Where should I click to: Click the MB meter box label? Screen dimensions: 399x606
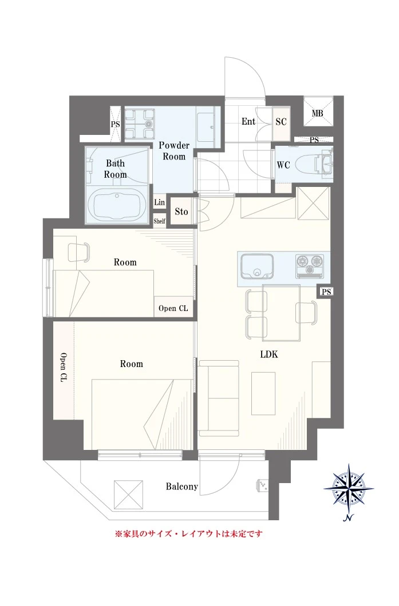click(317, 113)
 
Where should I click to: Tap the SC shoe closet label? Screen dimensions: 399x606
click(281, 122)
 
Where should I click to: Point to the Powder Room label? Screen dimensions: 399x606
click(174, 151)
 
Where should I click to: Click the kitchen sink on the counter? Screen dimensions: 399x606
click(256, 266)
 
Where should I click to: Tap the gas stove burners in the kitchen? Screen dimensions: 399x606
click(310, 266)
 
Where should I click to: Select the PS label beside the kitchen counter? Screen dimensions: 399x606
click(326, 292)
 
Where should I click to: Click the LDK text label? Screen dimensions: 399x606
click(269, 354)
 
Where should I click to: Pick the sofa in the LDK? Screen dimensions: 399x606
click(219, 398)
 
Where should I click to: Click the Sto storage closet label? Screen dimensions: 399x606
click(181, 212)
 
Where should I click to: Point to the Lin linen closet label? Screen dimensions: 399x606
click(160, 202)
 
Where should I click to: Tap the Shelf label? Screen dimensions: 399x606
click(160, 221)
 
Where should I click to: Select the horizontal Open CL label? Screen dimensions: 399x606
click(173, 308)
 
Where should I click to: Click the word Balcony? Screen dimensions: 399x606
click(182, 487)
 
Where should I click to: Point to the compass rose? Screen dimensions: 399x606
click(349, 488)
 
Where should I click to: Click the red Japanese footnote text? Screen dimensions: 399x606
click(189, 534)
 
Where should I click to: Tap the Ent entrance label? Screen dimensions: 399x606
click(248, 121)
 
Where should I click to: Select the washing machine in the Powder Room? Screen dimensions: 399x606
click(140, 123)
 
